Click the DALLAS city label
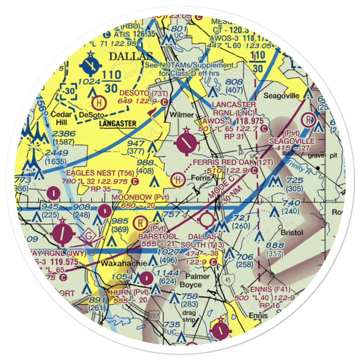pyautogui.click(x=131, y=57)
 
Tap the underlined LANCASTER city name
pyautogui.click(x=118, y=124)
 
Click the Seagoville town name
pyautogui.click(x=282, y=96)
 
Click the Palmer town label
pyautogui.click(x=197, y=276)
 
